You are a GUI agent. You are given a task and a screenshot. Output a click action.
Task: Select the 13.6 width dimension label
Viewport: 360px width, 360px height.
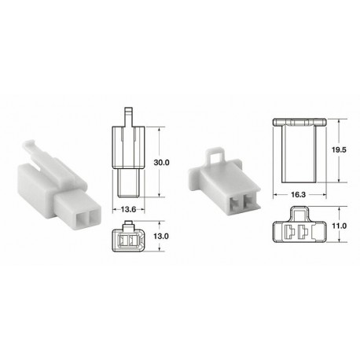130,209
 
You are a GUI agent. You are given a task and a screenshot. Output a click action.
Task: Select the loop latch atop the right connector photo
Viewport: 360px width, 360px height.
213,154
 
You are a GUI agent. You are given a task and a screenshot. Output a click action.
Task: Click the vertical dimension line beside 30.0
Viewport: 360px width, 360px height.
162,161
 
